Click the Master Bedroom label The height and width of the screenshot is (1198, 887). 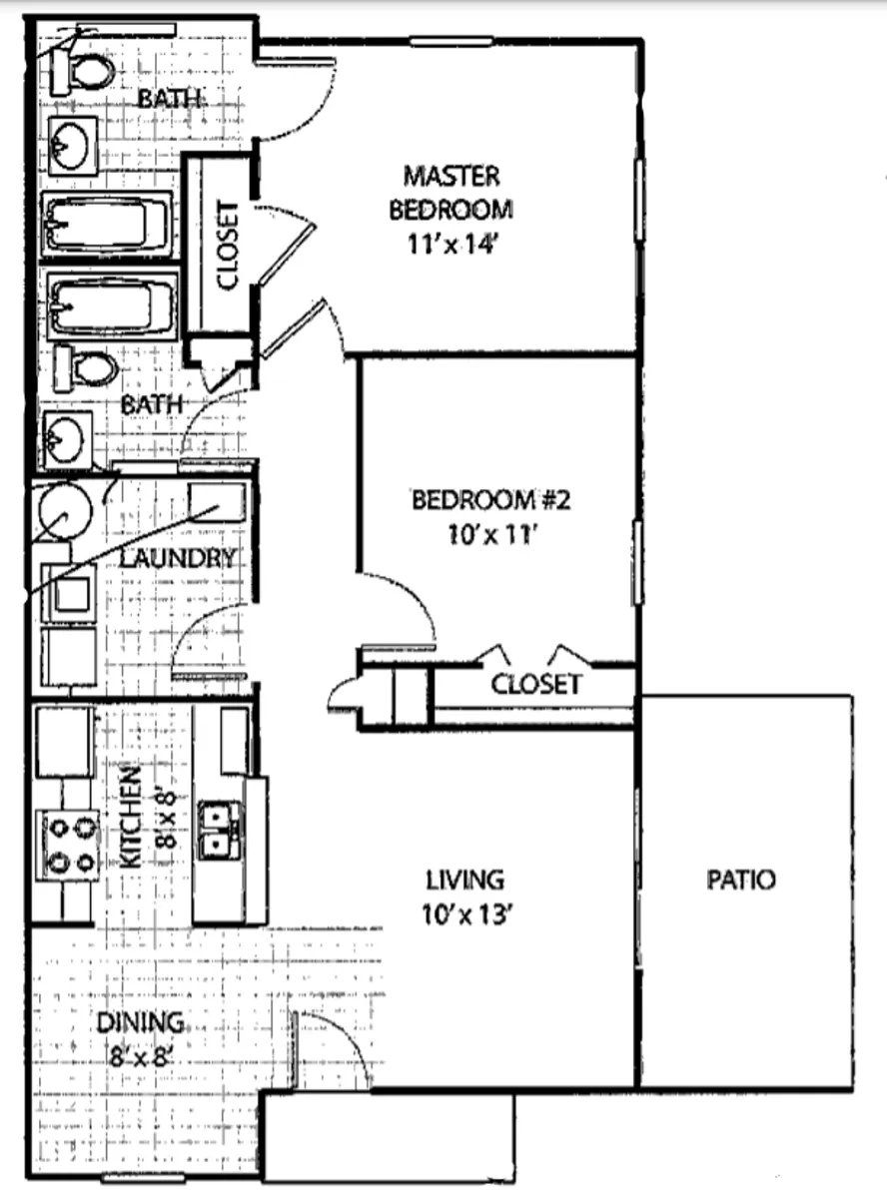coord(450,193)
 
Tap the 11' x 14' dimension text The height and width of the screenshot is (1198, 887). coord(450,245)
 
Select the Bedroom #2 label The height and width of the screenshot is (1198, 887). coord(490,499)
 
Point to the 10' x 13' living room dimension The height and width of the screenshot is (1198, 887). coord(466,914)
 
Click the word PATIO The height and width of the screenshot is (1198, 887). coord(741,880)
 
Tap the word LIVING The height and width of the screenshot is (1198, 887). coord(465,880)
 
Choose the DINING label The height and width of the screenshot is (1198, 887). coord(141,1022)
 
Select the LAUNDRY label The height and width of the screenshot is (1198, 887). coord(177,558)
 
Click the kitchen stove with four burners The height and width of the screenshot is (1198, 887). coord(68,846)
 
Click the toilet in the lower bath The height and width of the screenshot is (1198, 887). coord(86,369)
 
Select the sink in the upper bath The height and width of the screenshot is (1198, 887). coord(73,146)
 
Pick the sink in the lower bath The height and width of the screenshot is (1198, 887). coord(67,440)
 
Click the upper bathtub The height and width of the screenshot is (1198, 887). coord(107,224)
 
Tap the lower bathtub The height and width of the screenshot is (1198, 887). coord(112,305)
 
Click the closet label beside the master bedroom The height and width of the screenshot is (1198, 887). coord(227,245)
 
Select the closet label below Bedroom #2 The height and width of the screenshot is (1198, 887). coord(536,684)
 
